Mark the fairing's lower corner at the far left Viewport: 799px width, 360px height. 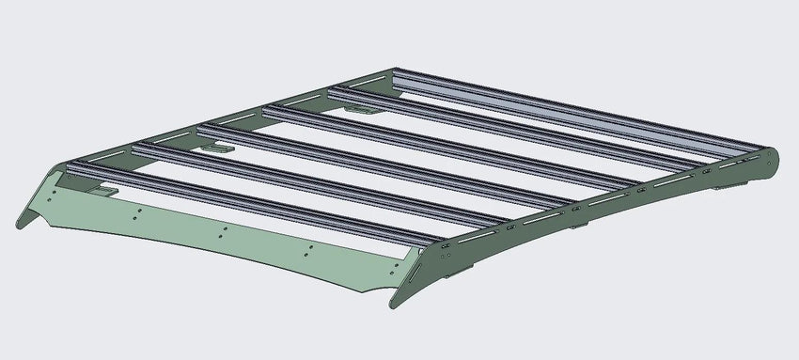[21, 224]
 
